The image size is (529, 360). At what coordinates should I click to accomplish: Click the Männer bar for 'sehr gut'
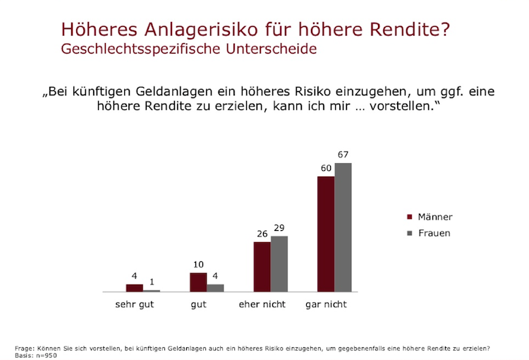(x=135, y=288)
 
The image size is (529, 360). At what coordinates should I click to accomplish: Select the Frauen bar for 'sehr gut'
(x=152, y=290)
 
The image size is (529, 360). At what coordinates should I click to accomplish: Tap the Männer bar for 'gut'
(x=198, y=282)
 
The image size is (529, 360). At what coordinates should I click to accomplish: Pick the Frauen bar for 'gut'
(x=215, y=288)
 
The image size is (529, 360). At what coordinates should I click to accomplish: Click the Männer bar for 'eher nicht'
(x=262, y=267)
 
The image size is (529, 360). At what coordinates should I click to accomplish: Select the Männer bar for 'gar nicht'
(x=326, y=234)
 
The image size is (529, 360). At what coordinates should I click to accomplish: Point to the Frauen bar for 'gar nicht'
(x=343, y=227)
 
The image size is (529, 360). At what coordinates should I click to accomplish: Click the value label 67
(x=343, y=155)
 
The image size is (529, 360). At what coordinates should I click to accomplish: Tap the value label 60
(x=325, y=168)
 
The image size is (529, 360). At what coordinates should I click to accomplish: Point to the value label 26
(x=262, y=234)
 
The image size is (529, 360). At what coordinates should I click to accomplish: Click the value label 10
(x=197, y=265)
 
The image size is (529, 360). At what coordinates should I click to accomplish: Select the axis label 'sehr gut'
(x=135, y=305)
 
